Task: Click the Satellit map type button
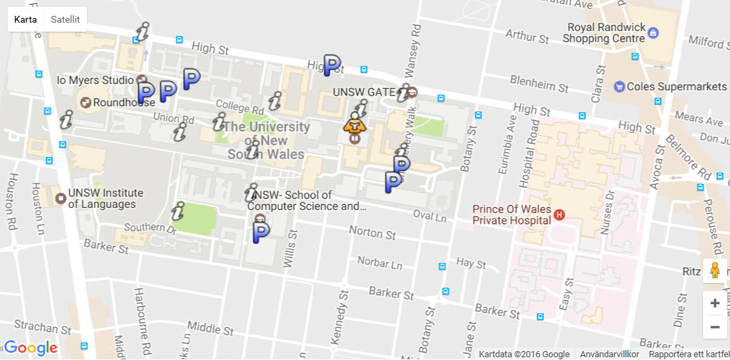(65, 19)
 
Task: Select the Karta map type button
(25, 19)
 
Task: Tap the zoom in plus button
(715, 304)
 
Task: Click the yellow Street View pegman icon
(715, 271)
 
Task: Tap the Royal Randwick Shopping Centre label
(604, 33)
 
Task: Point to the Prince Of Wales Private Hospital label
(512, 215)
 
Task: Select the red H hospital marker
(559, 215)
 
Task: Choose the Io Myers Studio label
(95, 80)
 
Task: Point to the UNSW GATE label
(364, 92)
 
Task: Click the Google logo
(31, 348)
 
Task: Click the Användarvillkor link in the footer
(609, 354)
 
